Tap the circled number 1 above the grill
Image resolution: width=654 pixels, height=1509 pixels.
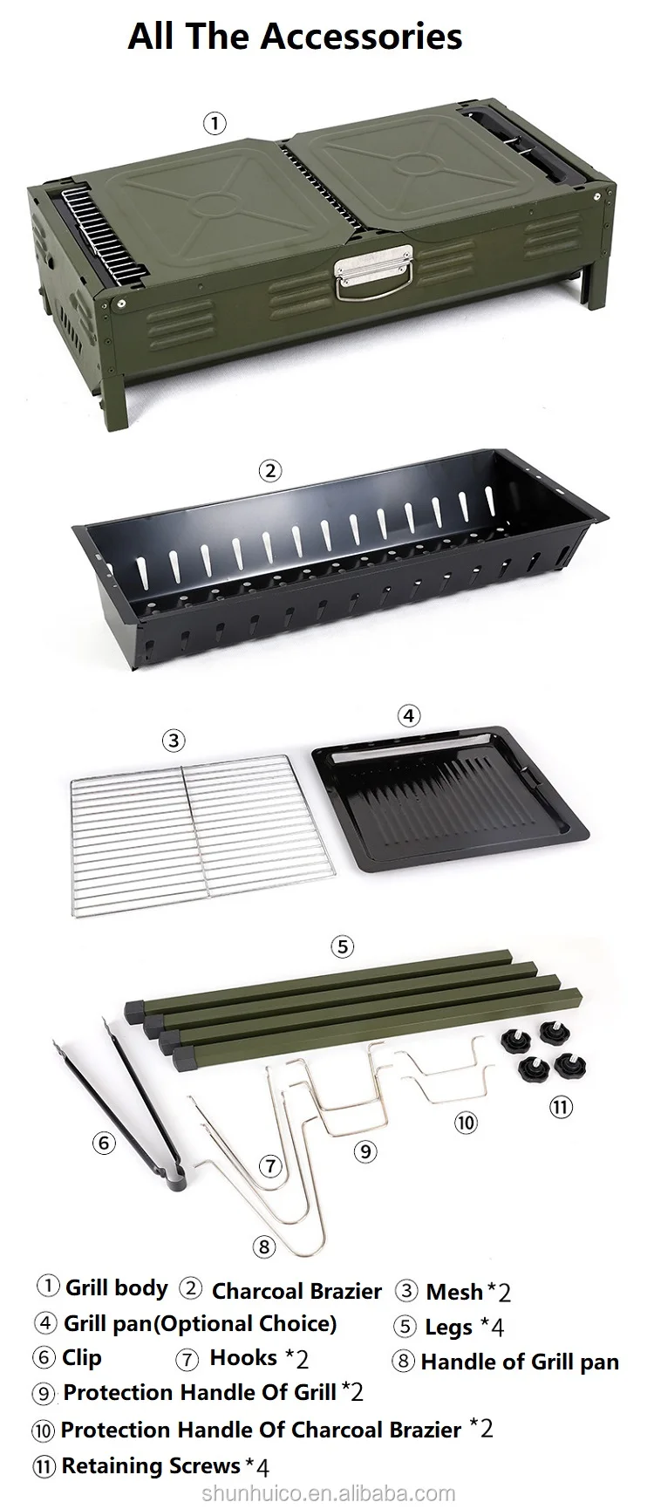(x=215, y=123)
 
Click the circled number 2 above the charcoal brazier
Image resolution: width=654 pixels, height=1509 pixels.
(x=270, y=471)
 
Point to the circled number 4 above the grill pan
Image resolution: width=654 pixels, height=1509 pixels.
(x=408, y=716)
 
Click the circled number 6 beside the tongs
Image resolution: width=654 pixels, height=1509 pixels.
(x=104, y=1142)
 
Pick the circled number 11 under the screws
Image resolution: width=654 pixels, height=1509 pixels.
(x=560, y=1108)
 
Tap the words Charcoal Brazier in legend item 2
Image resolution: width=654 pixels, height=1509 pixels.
(x=296, y=1291)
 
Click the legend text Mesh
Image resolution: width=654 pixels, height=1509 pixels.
(x=454, y=1291)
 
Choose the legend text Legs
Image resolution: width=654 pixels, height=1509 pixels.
(x=448, y=1328)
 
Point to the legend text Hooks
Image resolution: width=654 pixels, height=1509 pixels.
(x=243, y=1357)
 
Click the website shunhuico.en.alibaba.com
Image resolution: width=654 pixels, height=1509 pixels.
(x=328, y=1493)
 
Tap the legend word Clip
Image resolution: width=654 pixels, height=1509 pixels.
(x=82, y=1357)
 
